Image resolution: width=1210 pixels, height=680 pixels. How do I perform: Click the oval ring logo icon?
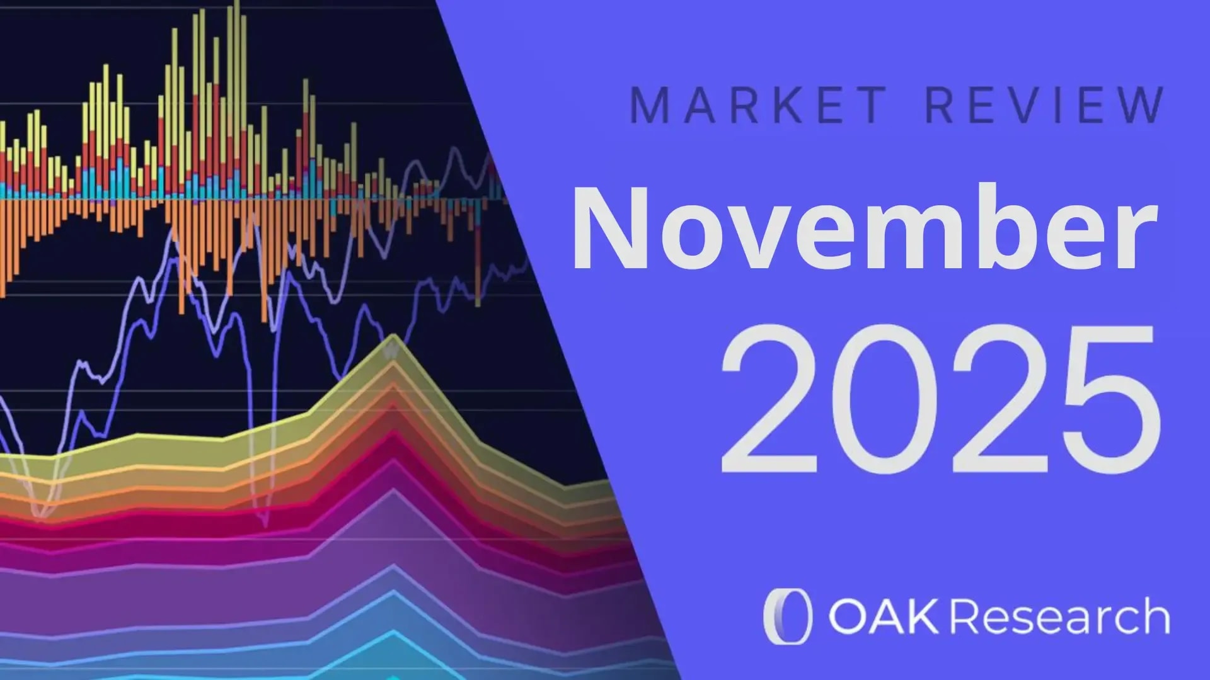(786, 616)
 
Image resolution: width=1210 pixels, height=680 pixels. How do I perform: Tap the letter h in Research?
(1153, 616)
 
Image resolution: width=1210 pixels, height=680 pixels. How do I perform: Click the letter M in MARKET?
(648, 105)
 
